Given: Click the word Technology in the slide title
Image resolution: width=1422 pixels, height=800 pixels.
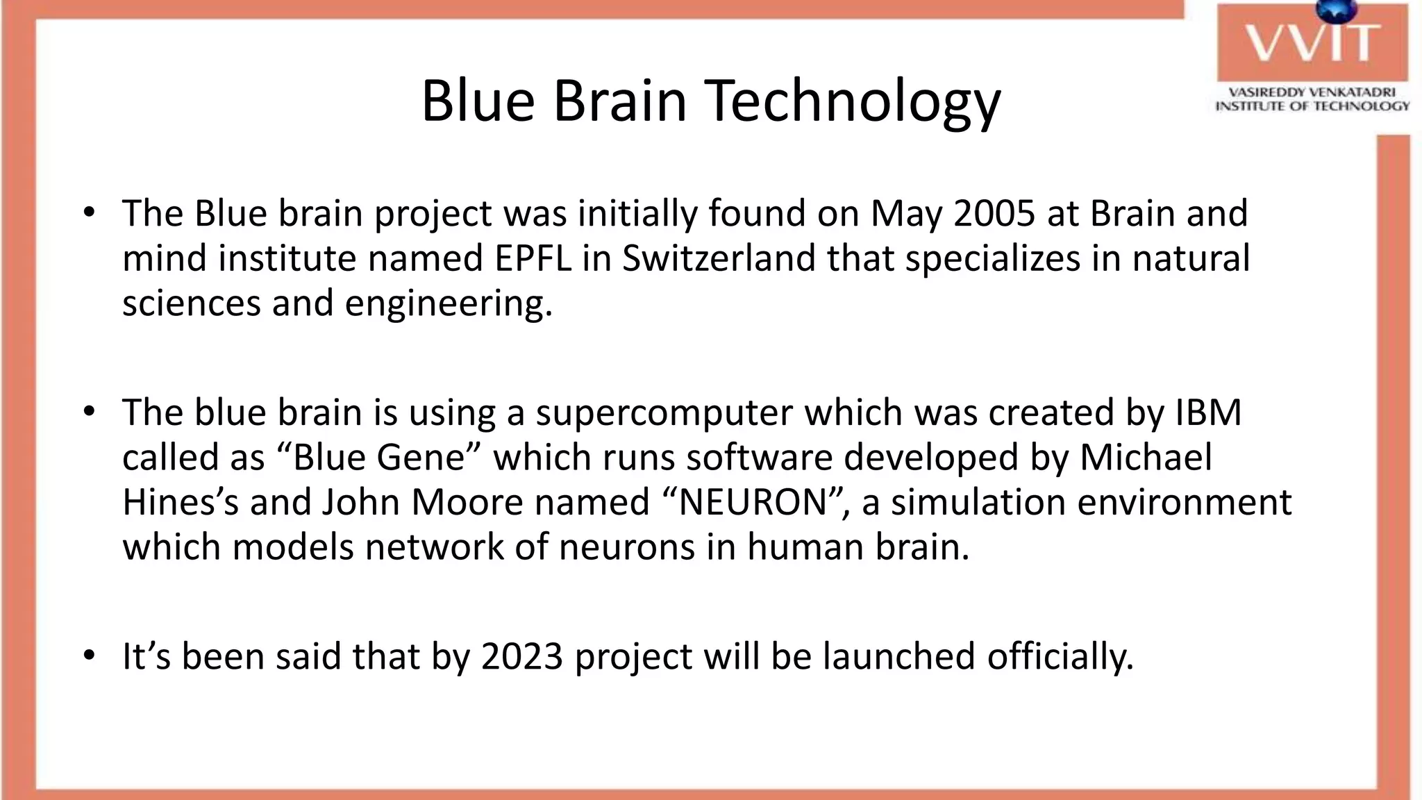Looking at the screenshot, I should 853,101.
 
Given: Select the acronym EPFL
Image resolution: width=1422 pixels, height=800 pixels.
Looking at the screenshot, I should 533,258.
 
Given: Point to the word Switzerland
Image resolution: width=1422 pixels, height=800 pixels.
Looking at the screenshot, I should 719,258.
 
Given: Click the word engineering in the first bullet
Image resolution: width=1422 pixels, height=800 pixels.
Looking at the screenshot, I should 447,303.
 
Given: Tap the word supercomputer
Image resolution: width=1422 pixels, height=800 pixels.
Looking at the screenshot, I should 664,412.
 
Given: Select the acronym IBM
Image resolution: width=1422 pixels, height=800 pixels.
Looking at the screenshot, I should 1207,412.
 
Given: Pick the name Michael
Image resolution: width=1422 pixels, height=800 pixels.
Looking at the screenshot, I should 1146,458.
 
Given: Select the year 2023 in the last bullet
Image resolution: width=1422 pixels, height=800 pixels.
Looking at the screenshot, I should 521,656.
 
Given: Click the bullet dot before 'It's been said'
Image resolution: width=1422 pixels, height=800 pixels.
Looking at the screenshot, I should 88,655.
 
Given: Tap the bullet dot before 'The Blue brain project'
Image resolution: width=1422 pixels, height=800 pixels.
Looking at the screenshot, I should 88,212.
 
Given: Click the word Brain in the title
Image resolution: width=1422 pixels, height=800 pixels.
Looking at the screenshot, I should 619,101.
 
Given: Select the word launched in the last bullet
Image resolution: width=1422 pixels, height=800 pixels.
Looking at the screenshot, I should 898,656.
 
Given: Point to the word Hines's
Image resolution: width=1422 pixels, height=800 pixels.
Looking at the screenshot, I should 180,502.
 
